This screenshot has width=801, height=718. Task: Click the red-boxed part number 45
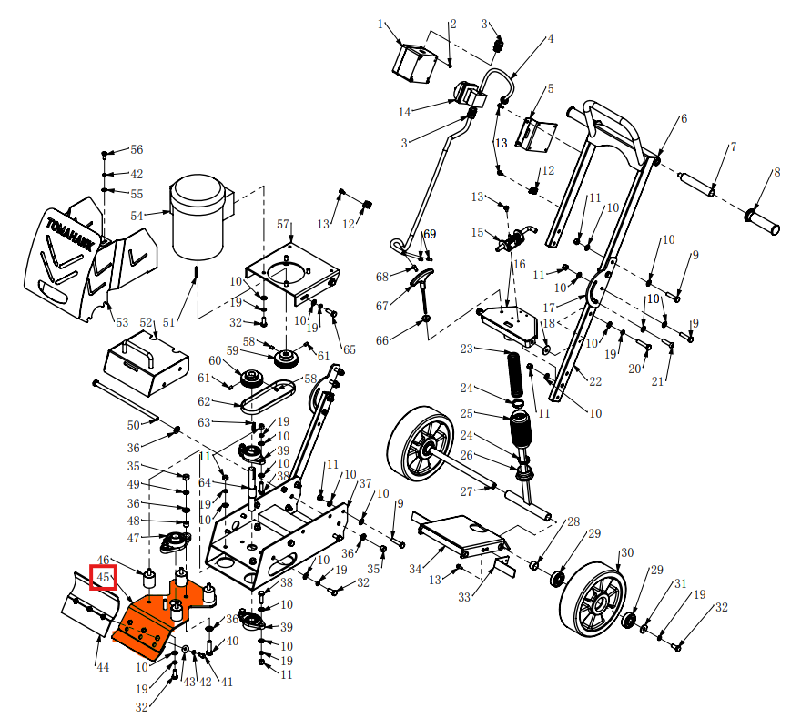click(x=103, y=577)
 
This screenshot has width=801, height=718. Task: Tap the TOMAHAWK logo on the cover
click(x=70, y=235)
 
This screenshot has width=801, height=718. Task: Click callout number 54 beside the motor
click(x=137, y=216)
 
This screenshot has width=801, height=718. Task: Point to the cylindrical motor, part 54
click(x=198, y=216)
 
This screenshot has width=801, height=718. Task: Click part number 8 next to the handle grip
click(x=777, y=172)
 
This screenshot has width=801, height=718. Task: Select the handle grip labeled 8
click(x=762, y=221)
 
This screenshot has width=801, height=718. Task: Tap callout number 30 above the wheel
click(x=627, y=552)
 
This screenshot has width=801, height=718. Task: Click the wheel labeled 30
click(x=593, y=599)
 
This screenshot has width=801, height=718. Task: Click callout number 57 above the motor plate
click(x=283, y=224)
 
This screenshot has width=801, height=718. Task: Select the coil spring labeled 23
click(x=515, y=372)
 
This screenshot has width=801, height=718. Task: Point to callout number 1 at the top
click(x=380, y=24)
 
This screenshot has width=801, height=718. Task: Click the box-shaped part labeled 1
click(x=414, y=64)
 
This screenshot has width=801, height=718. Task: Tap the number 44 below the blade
click(x=103, y=667)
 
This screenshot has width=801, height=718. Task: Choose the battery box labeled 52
click(x=147, y=363)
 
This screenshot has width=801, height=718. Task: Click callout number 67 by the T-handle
click(x=382, y=306)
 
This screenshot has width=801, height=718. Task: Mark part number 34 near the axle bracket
click(x=415, y=569)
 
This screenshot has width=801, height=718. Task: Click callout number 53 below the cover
click(x=122, y=322)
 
